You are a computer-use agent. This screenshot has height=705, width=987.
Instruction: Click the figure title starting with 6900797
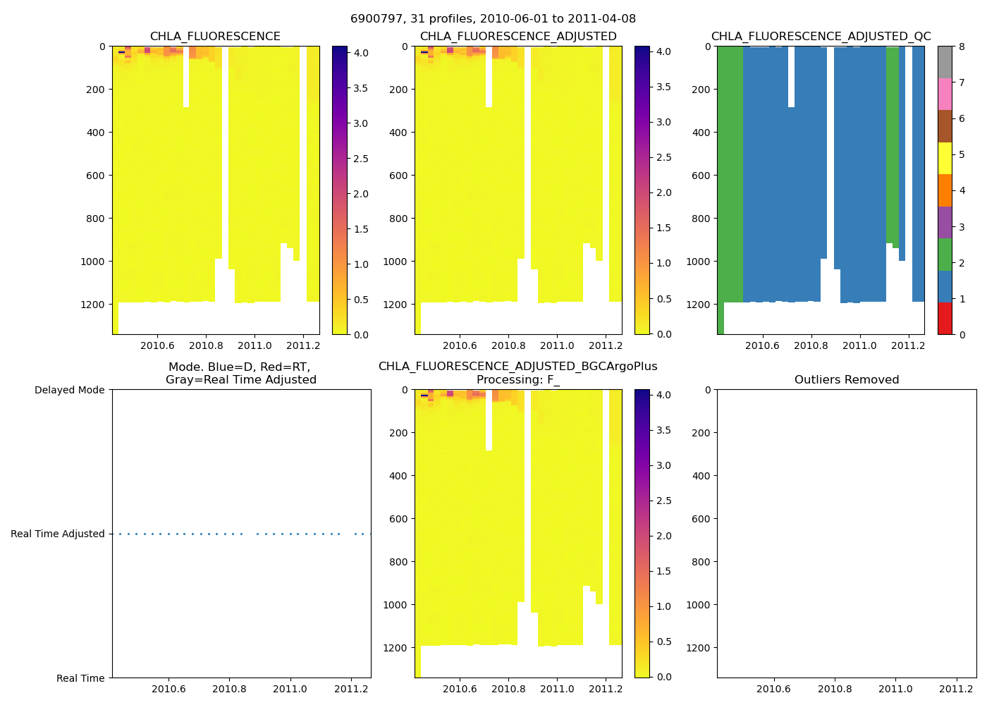pos(493,19)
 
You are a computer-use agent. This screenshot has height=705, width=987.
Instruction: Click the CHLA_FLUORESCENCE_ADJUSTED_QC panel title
pos(821,37)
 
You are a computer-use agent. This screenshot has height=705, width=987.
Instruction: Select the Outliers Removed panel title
pos(847,380)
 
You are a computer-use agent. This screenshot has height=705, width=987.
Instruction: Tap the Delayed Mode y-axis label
pos(69,390)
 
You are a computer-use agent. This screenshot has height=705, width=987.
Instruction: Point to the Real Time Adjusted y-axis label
pos(58,534)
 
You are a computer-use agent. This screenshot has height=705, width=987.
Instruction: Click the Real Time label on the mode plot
pos(80,678)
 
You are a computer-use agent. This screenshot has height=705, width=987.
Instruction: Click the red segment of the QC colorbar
pos(945,318)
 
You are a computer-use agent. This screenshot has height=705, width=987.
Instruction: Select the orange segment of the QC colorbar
pos(945,190)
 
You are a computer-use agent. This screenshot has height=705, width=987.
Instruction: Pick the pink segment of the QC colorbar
pos(945,94)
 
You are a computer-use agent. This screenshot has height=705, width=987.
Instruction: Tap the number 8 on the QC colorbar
pos(962,47)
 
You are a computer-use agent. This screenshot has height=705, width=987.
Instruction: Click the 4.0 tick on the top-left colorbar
pos(360,53)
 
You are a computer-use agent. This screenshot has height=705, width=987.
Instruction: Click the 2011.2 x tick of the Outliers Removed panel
pos(956,689)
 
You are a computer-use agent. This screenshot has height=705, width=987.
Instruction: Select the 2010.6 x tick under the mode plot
pos(168,689)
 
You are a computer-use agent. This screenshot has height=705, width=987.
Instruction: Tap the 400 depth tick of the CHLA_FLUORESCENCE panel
pos(95,133)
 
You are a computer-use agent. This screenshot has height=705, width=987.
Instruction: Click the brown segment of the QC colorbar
pos(945,126)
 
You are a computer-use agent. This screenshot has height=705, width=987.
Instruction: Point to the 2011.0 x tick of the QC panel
pos(859,345)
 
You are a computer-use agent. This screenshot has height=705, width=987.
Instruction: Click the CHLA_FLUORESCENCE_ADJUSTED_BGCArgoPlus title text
pos(517,367)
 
